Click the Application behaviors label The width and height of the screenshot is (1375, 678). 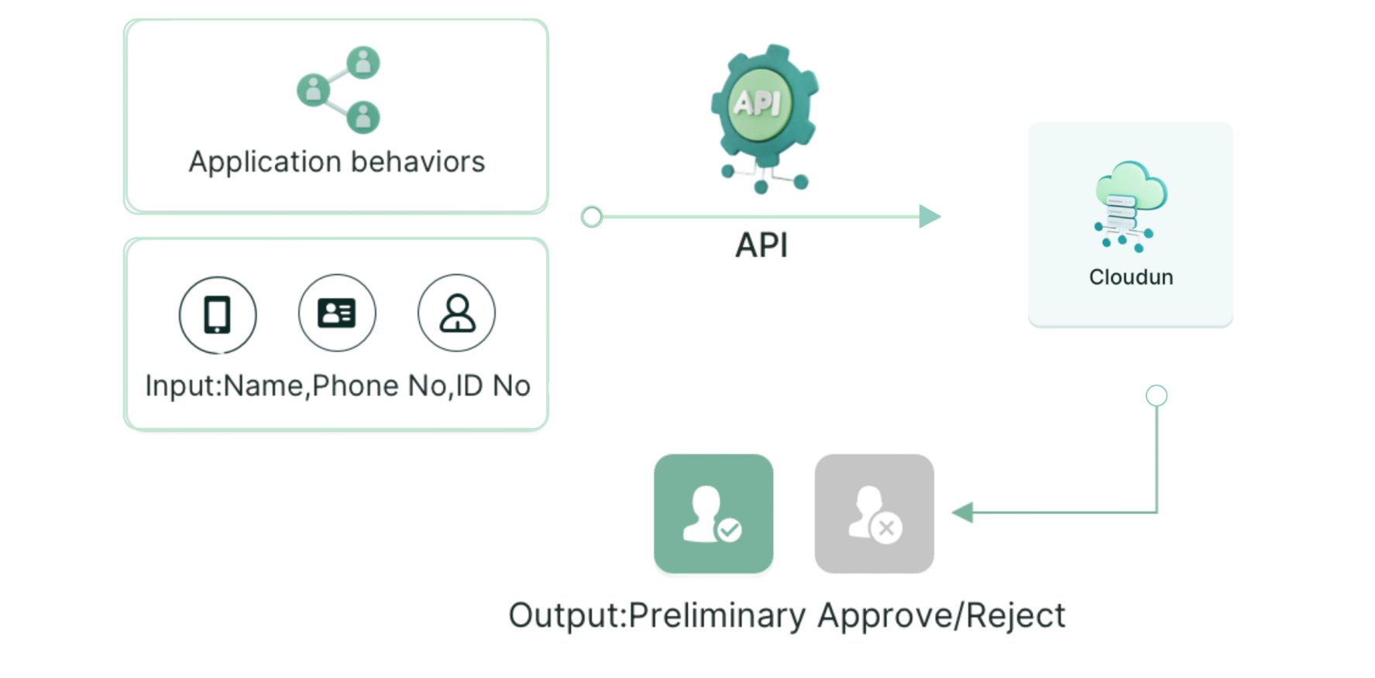tap(336, 162)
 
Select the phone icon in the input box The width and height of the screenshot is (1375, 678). tap(217, 313)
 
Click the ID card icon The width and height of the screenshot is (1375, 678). tap(337, 313)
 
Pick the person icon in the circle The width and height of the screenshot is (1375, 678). tap(457, 313)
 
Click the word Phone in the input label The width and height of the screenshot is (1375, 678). tap(356, 385)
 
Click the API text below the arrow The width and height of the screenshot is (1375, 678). tap(761, 245)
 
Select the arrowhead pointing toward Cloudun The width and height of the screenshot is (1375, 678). tap(930, 217)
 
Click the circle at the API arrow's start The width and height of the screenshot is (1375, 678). tap(592, 217)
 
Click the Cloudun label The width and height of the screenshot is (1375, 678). tap(1131, 277)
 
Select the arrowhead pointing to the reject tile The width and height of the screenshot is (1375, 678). tap(961, 512)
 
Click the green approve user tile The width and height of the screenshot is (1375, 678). tap(713, 515)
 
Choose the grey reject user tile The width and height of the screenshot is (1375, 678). tap(875, 514)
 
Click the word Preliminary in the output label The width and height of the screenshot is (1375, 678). tap(717, 616)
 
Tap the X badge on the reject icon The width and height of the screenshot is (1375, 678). tap(887, 529)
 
